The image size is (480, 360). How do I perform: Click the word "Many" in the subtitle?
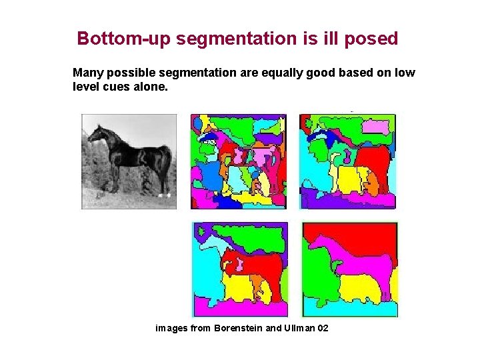[x=87, y=73]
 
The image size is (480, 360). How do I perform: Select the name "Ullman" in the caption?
[x=297, y=329]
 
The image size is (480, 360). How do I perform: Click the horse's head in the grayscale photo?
[x=95, y=133]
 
